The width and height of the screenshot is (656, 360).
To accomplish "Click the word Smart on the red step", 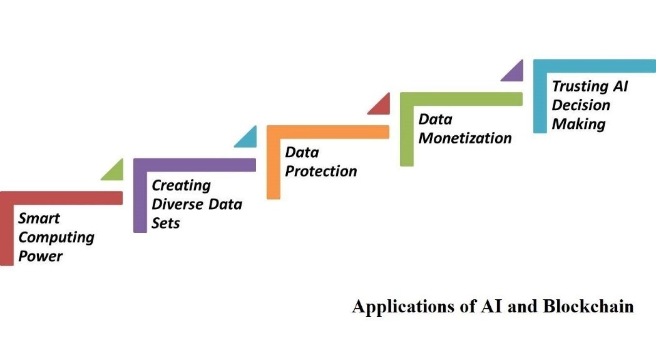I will (x=39, y=219).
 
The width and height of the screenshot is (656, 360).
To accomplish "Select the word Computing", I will (x=56, y=237).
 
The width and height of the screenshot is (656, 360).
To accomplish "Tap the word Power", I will (x=41, y=256).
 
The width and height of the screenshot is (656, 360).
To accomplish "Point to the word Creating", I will (x=181, y=185).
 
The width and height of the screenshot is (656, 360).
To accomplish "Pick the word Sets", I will (x=165, y=223).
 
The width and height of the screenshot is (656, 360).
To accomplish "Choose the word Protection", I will (x=321, y=171).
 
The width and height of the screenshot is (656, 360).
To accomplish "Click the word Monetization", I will (x=464, y=138).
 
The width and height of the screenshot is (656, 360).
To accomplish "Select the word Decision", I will (x=580, y=105).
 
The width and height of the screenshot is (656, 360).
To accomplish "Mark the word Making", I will (x=578, y=123).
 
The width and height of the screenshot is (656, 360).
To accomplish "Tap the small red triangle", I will (x=381, y=105).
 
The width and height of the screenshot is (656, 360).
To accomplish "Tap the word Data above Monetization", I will (x=435, y=119).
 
